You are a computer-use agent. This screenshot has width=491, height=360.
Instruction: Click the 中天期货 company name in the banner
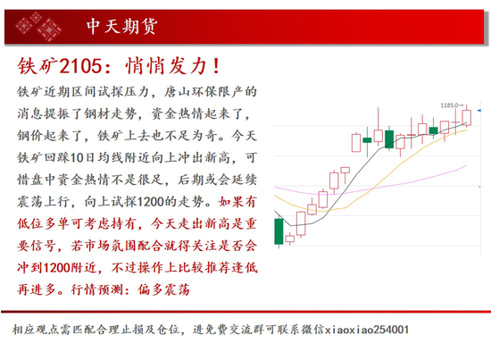tap(121, 26)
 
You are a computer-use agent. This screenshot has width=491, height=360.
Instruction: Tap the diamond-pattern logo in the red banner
tap(38, 27)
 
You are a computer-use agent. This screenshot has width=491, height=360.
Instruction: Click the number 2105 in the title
tap(80, 66)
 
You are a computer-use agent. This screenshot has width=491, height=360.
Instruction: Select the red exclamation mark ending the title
tap(216, 66)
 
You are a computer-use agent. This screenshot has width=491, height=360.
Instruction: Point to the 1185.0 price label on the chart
tap(449, 105)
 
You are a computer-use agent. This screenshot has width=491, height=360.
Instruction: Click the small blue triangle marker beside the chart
tap(479, 110)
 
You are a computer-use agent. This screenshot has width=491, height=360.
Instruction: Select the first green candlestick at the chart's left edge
tap(279, 231)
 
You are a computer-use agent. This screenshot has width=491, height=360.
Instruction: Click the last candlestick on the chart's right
tap(466, 118)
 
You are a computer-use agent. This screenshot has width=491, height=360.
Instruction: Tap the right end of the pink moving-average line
tap(467, 165)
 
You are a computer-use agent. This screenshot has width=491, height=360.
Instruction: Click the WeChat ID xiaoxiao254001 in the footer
tap(367, 330)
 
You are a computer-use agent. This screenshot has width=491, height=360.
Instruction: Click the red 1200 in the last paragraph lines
tap(56, 268)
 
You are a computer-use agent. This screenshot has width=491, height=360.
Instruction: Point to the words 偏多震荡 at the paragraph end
tap(163, 289)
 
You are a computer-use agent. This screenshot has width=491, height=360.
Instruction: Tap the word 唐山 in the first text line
tap(178, 92)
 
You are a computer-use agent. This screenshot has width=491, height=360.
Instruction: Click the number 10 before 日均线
tap(77, 158)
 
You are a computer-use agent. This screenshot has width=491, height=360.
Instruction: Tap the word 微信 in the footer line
tap(312, 330)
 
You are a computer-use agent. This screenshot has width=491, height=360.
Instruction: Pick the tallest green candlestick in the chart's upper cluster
tap(389, 138)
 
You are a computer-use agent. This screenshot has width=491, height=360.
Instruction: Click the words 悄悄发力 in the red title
tap(166, 66)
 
